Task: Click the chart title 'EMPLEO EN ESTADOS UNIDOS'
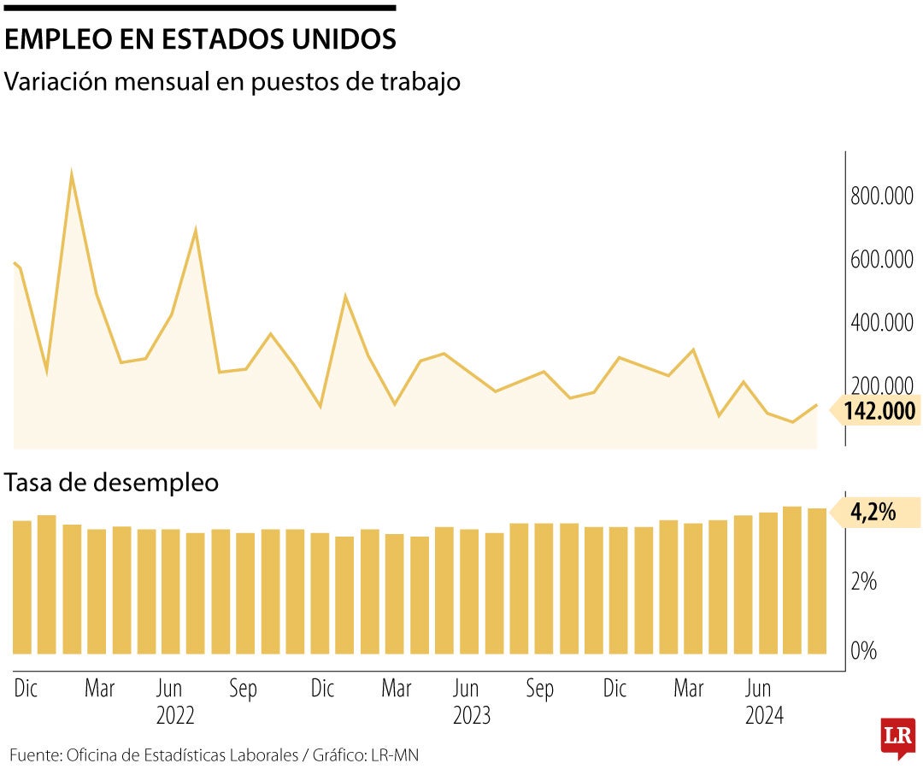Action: (x=200, y=40)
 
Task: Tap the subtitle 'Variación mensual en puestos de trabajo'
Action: (x=232, y=82)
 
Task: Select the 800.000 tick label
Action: (x=881, y=196)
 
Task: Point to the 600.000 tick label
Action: (x=881, y=260)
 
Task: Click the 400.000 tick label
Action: (x=881, y=323)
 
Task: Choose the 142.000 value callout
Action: (x=879, y=411)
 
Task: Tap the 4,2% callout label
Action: (x=873, y=513)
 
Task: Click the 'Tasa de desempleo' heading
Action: (x=112, y=483)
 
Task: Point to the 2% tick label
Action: (x=864, y=583)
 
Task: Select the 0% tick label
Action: (x=864, y=651)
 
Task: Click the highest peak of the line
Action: (x=72, y=173)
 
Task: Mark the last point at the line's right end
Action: (x=816, y=405)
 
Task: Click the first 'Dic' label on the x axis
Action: (x=26, y=689)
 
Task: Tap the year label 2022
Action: (x=175, y=716)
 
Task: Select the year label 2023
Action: (x=472, y=716)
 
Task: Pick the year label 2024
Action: (x=764, y=716)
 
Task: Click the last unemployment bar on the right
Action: (x=817, y=581)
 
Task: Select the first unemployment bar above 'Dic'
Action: (x=22, y=587)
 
